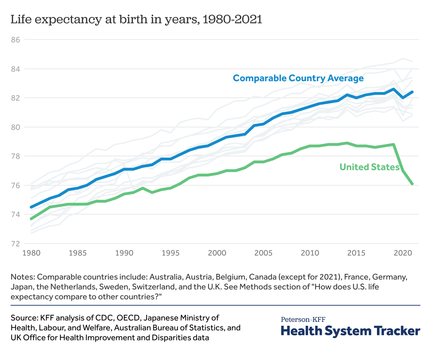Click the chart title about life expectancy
click(x=136, y=19)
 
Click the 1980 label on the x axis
click(x=31, y=253)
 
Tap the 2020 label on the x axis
click(x=403, y=253)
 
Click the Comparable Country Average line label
click(x=298, y=78)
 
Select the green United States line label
click(x=369, y=167)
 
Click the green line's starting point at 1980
click(x=31, y=219)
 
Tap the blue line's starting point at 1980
click(x=31, y=207)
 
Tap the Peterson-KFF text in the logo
click(x=303, y=320)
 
